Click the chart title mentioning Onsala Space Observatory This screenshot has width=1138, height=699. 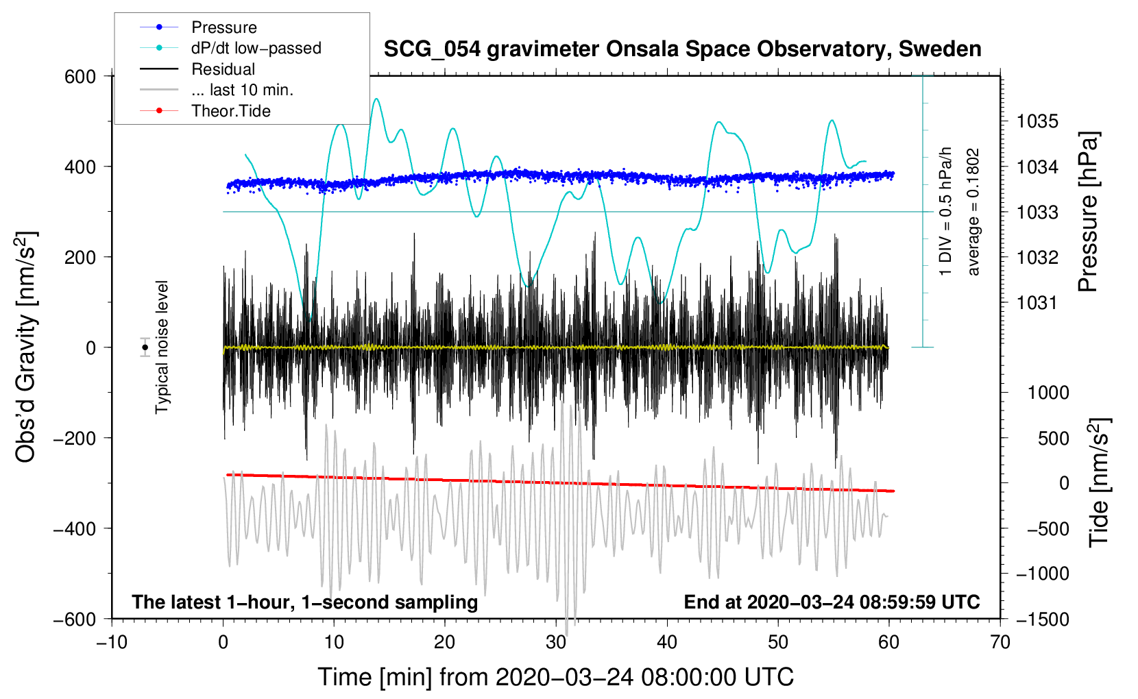click(x=682, y=49)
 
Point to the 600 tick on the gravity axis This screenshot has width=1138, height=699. click(x=80, y=76)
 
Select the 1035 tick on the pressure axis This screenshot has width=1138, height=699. click(x=1037, y=121)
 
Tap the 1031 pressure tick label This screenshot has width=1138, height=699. click(x=1037, y=302)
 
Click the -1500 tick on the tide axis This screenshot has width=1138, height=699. click(x=1042, y=619)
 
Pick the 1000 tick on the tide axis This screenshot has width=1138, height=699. click(x=1048, y=393)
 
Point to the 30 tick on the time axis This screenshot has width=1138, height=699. click(x=556, y=642)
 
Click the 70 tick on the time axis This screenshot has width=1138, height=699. click(x=1000, y=642)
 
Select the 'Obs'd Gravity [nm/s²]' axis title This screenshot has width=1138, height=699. click(x=26, y=347)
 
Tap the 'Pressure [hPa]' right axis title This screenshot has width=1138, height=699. click(x=1089, y=212)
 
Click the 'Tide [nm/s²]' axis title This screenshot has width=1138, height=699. click(x=1100, y=482)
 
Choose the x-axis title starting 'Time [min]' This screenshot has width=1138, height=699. click(x=555, y=677)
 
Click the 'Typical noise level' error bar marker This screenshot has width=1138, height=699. click(x=145, y=347)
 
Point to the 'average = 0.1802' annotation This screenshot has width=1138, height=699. click(x=973, y=212)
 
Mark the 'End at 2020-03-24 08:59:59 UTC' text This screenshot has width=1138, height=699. click(x=832, y=602)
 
